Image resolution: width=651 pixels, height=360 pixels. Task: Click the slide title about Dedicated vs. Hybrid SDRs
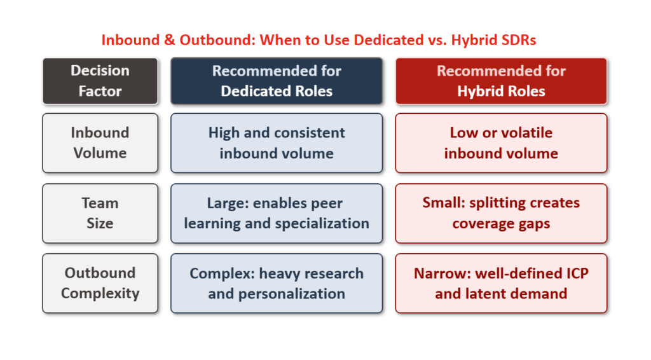click(x=319, y=40)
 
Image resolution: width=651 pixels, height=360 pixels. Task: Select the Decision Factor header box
click(x=100, y=81)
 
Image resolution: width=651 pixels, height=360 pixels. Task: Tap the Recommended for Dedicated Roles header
click(x=277, y=81)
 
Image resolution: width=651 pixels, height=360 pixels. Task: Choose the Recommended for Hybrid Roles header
click(x=501, y=81)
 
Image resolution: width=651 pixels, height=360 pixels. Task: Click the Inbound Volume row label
click(x=100, y=143)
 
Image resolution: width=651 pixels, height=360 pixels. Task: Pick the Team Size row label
click(x=100, y=213)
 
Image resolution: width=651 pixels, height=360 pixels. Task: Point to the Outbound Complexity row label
click(x=100, y=283)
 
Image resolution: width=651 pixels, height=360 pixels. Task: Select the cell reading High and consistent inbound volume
click(x=277, y=143)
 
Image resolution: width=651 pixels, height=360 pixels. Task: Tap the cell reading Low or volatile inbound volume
click(x=501, y=143)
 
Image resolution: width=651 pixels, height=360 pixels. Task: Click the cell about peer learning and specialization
click(x=277, y=213)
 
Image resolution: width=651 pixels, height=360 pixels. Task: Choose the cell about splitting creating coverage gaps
click(x=501, y=213)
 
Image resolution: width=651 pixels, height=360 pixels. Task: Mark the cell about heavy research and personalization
click(x=277, y=283)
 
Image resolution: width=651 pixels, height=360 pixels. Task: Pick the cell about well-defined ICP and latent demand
click(x=501, y=283)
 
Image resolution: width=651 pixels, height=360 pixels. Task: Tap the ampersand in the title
click(x=169, y=40)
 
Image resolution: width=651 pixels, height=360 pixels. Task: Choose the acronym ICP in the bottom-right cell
click(x=577, y=273)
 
